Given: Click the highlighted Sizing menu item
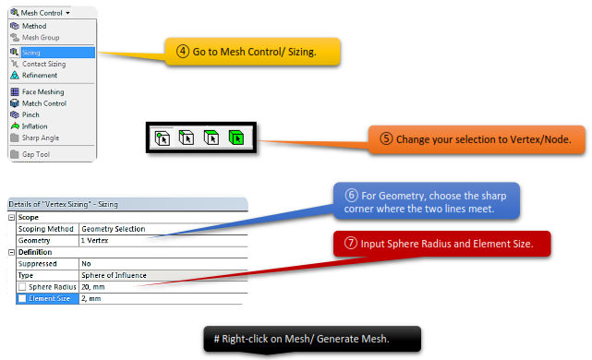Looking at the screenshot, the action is click(x=53, y=53).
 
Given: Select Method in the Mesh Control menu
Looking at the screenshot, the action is click(x=34, y=26).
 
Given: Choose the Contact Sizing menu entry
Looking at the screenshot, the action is click(x=43, y=64).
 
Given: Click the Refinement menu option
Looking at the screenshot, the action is click(x=40, y=76).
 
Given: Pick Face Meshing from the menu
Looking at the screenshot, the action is click(x=42, y=92).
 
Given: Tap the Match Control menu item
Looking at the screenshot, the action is click(x=44, y=103).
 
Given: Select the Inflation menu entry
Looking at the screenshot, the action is click(x=34, y=126).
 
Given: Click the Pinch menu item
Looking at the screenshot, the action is click(x=30, y=114).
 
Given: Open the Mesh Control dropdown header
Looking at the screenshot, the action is click(x=41, y=13).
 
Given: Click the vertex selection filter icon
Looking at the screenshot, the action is click(x=163, y=138).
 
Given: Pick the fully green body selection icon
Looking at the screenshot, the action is click(x=236, y=138).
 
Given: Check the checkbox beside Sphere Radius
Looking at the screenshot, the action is click(x=22, y=287).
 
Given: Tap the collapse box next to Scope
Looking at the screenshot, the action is click(x=12, y=217).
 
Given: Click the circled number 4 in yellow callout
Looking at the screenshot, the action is click(x=183, y=51).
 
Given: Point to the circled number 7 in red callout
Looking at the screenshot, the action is click(x=351, y=243).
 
